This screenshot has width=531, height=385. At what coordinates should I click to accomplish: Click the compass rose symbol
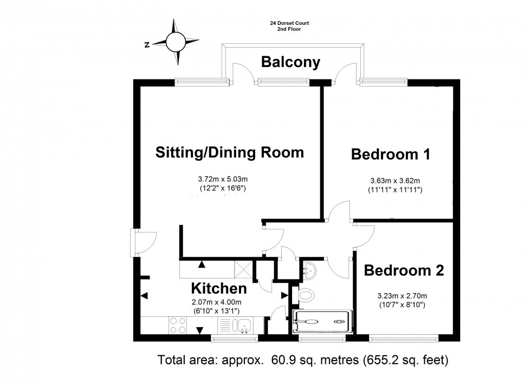176,42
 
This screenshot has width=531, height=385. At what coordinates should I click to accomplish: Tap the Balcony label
290,62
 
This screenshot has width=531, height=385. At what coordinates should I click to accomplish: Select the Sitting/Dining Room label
229,152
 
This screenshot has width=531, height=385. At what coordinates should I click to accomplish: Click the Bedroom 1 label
390,155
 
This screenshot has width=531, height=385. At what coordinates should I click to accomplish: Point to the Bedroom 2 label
404,270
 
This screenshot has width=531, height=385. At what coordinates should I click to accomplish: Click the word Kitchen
219,289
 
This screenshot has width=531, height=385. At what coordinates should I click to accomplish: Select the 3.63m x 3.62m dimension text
394,181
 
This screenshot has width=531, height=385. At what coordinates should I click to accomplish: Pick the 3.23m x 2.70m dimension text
402,296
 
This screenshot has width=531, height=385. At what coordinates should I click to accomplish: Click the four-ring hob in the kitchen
179,325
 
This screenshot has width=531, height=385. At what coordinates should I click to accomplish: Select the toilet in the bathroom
306,295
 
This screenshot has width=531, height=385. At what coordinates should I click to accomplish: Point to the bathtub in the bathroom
322,321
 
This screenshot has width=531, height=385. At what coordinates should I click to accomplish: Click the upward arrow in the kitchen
202,264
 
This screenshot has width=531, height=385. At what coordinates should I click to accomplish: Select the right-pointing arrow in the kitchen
284,295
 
